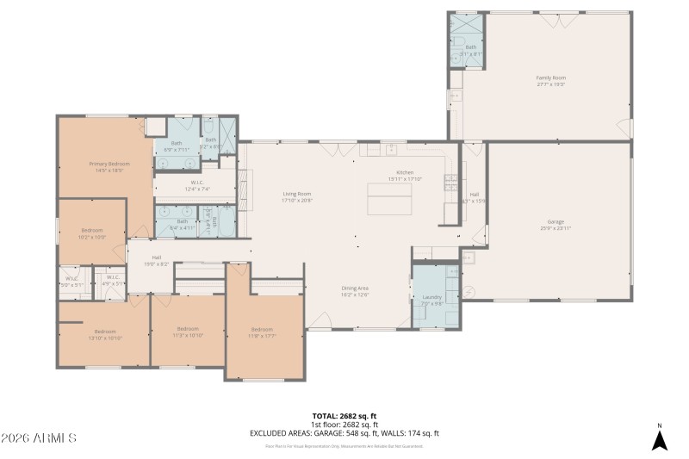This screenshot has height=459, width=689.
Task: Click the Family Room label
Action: click(x=551, y=78)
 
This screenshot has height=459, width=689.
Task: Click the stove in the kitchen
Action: click(x=450, y=182)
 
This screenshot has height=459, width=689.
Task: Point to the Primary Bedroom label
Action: click(x=109, y=164)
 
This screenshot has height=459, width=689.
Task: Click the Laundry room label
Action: click(x=431, y=297)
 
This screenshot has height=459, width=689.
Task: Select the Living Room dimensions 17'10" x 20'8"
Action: click(x=297, y=200)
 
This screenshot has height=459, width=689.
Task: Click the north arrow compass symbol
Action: click(x=659, y=439)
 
